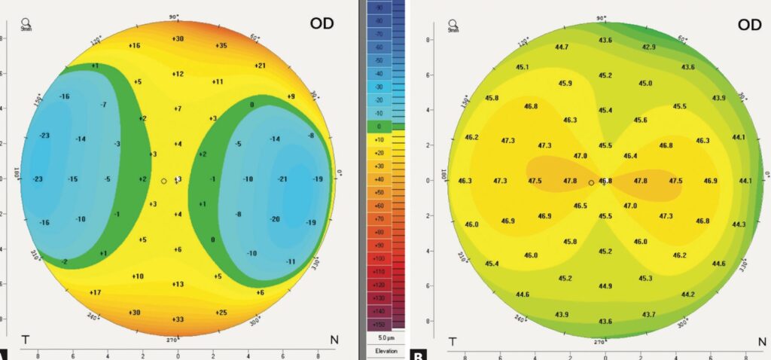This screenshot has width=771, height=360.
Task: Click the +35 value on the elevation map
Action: tap(221, 46)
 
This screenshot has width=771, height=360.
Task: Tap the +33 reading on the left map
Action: tap(178, 319)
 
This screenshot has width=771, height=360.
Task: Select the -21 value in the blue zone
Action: tap(283, 178)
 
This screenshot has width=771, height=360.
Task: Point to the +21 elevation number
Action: tap(261, 66)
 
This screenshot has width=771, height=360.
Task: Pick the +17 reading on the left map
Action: tap(96, 291)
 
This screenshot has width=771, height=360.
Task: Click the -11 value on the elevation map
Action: tap(290, 261)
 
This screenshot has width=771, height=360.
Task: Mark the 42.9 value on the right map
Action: tap(648, 47)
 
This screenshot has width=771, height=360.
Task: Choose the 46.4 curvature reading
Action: tap(630, 156)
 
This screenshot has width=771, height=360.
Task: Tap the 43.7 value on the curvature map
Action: tap(648, 313)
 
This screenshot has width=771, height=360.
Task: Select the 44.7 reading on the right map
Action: tap(561, 47)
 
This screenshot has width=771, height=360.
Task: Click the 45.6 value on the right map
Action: tap(641, 121)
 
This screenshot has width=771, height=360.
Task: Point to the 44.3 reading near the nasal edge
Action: tap(739, 224)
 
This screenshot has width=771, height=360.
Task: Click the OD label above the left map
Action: tap(322, 23)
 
